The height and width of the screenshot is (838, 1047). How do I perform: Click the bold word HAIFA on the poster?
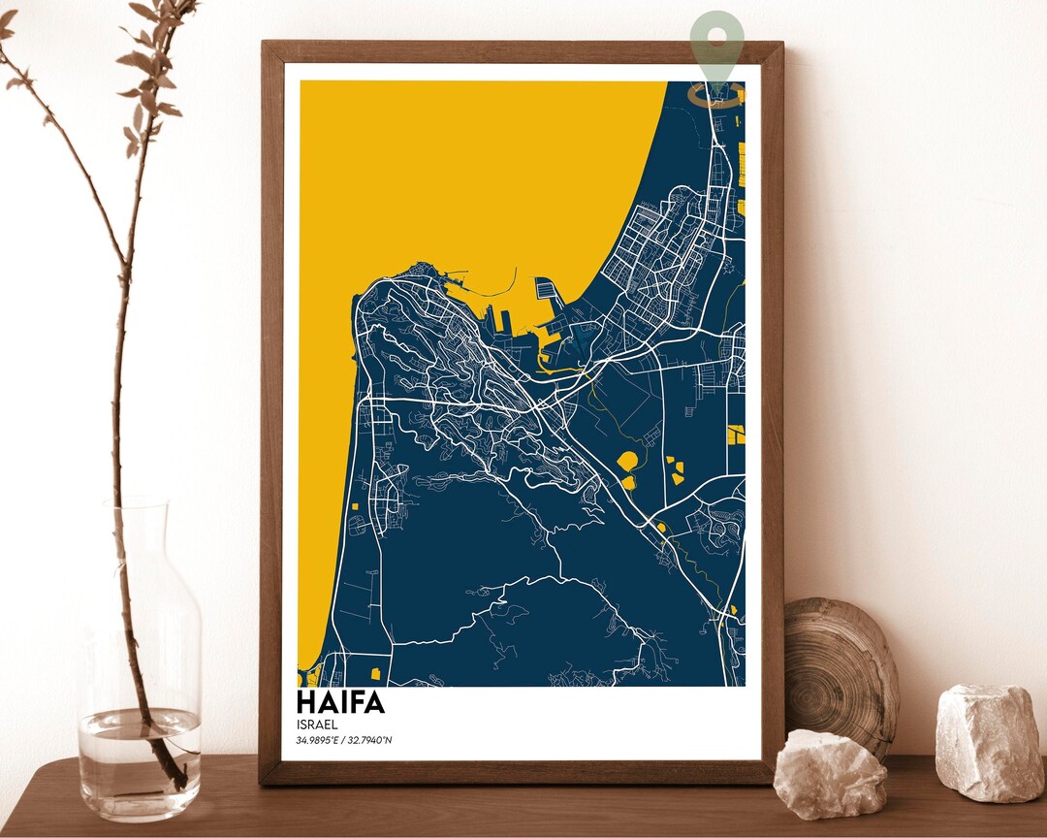(x=340, y=701)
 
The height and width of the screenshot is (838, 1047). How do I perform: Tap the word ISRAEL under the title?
(x=316, y=724)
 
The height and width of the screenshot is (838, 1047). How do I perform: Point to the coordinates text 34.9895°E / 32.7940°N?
(x=343, y=741)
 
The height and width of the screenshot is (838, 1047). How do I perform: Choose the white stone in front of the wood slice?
(x=830, y=775)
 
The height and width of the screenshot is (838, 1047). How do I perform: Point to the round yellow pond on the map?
(x=627, y=461)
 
